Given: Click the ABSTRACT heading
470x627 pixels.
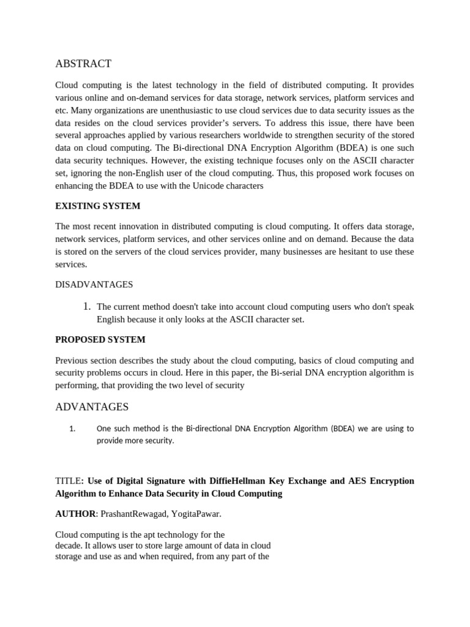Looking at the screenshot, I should [x=83, y=64].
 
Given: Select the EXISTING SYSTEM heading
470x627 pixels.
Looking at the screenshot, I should [x=97, y=206].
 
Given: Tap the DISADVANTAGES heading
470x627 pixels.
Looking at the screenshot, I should [x=94, y=285].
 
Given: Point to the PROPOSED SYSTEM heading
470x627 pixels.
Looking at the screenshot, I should [x=100, y=339].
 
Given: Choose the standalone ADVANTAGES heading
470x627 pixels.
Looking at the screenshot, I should [x=92, y=407].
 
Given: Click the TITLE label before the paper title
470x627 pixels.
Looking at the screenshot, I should [x=67, y=481].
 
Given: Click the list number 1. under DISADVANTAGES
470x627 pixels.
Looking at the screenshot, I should [x=87, y=306].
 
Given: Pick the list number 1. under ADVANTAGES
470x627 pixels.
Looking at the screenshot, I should [x=72, y=429].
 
